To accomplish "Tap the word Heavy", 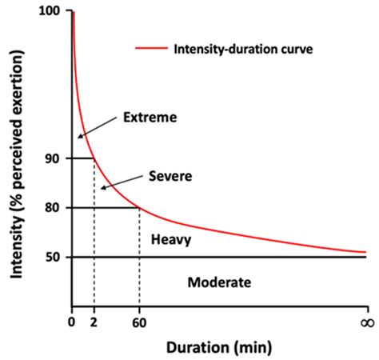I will [x=170, y=238].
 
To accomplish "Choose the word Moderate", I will [x=218, y=282].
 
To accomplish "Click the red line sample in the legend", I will [x=152, y=49].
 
